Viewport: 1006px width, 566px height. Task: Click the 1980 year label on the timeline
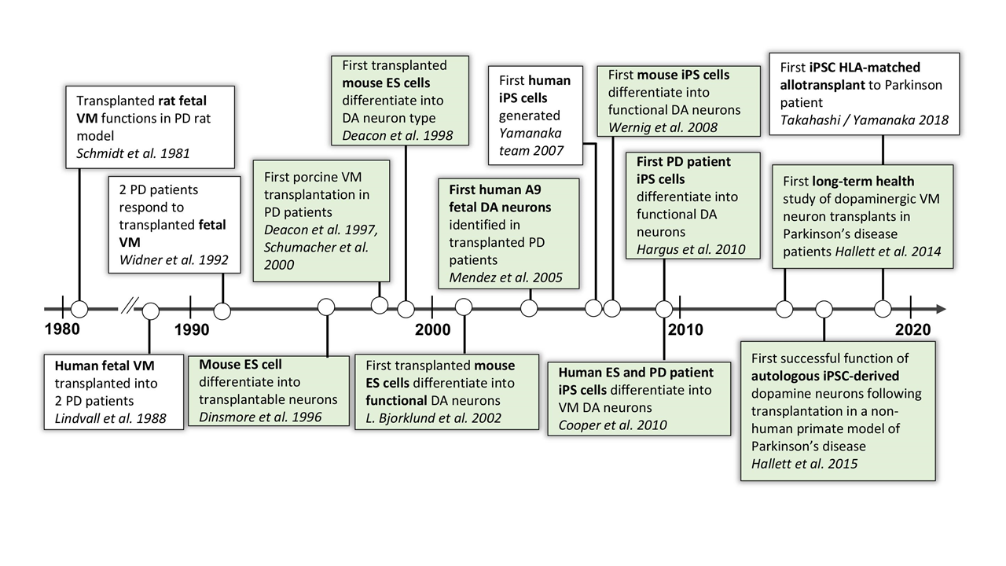(x=61, y=329)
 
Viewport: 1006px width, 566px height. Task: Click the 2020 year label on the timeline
(x=912, y=329)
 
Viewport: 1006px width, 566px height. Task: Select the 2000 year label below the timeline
(x=433, y=329)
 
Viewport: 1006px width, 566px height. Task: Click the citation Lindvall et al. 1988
(x=111, y=418)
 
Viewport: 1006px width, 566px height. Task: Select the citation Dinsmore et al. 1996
(x=261, y=417)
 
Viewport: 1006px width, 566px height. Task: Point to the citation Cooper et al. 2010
(x=612, y=425)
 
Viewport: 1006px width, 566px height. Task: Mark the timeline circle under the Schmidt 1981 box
(x=79, y=309)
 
